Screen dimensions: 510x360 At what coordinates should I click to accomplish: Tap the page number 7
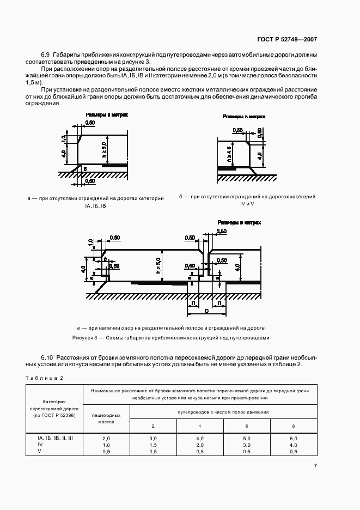point(315,465)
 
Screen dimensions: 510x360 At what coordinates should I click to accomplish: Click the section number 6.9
point(45,55)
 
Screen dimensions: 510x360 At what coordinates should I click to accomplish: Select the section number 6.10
point(47,357)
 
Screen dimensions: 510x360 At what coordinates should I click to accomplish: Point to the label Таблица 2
point(43,378)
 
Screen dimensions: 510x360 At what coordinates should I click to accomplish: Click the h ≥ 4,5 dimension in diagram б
point(229,155)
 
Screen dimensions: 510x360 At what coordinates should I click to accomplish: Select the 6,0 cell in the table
point(294,438)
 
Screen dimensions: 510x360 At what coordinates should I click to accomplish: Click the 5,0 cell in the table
point(247,438)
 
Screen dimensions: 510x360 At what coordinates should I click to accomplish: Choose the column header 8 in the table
point(294,425)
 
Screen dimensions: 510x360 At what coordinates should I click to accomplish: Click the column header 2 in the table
point(152,425)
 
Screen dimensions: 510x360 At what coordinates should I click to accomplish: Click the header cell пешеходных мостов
point(106,418)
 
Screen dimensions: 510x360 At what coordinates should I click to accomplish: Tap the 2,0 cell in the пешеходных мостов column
point(106,438)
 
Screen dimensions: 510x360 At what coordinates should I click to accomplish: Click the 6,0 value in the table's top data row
point(294,438)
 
